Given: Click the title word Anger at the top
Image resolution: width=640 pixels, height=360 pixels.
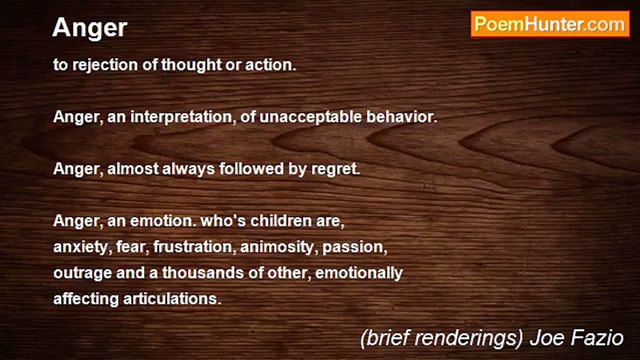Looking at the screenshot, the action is coord(89,28).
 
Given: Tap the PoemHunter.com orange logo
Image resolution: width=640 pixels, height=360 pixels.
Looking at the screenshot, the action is coord(550,24).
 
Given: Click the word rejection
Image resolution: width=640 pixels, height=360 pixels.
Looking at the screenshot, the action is coord(105,65).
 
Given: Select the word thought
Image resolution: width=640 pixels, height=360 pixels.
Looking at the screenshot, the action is coord(191,65).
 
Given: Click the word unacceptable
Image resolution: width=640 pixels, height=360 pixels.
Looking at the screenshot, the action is coord(310,117).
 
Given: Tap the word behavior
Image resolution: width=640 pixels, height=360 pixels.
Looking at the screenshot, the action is coord(401,117).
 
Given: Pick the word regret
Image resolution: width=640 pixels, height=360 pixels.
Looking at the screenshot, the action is coord(335,169).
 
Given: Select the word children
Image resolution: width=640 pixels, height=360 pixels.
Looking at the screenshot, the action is coord(281,221).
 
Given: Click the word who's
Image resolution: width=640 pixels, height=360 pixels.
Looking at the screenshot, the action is coord(223,221).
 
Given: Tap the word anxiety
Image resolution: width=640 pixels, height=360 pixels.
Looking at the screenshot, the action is coord(82,247).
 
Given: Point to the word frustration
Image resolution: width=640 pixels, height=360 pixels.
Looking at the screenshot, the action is coord(193,247).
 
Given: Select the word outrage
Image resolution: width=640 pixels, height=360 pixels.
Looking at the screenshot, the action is coord(82,273).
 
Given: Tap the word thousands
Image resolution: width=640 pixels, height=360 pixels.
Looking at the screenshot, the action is coord(203,273).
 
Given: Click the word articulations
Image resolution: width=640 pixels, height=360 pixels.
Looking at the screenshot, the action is coord(172,299).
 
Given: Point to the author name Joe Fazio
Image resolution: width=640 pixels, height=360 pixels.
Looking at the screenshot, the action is coord(576,337).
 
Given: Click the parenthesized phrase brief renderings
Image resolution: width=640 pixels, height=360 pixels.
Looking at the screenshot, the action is coord(441,338).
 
